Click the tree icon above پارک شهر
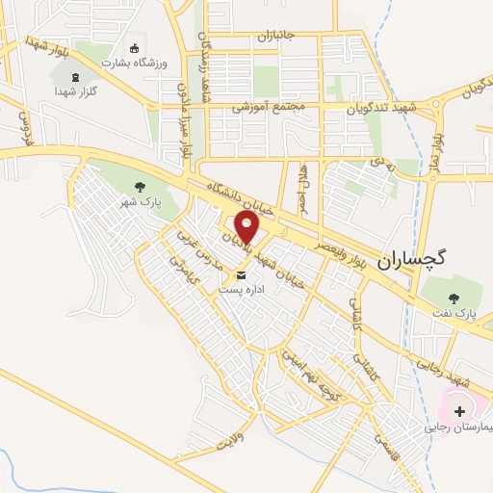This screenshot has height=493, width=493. click(x=141, y=187)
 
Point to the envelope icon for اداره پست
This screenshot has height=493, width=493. click(x=227, y=275)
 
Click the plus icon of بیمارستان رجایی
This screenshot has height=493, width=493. click(x=459, y=410)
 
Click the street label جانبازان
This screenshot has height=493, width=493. click(x=279, y=37)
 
